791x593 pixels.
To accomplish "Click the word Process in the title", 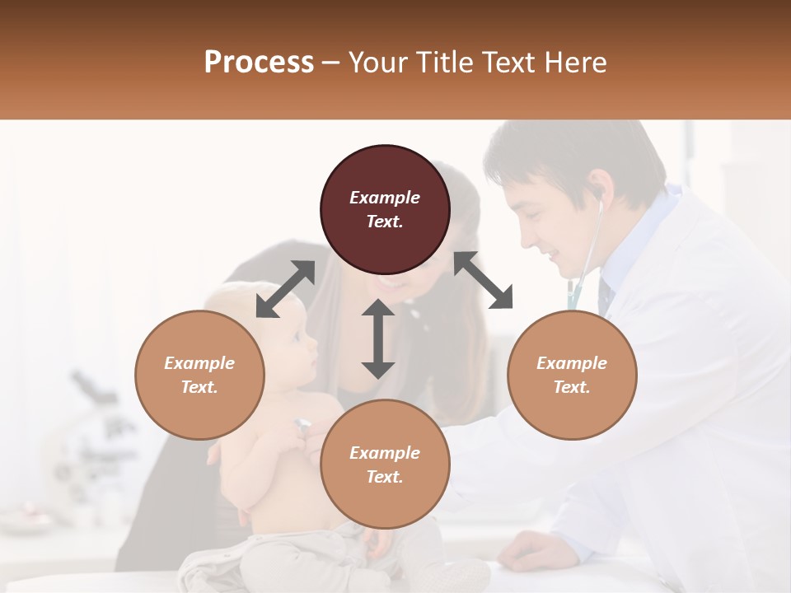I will [259, 63].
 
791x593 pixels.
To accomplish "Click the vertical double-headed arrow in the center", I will [378, 339].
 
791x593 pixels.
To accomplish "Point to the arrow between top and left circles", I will [285, 289].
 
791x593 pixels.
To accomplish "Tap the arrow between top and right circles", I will [484, 280].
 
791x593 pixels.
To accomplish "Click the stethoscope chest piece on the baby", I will [302, 426].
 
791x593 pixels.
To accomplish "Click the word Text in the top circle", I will [385, 222].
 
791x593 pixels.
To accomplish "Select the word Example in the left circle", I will [199, 363].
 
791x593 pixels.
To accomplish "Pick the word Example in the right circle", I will [572, 363].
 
